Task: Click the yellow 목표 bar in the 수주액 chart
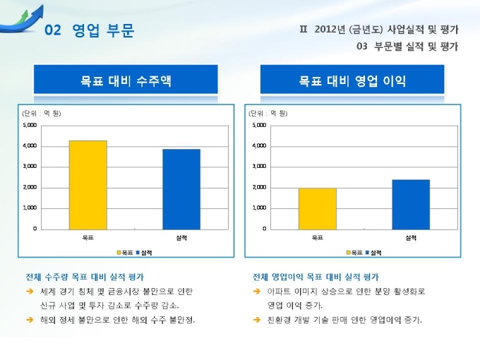point(88,184)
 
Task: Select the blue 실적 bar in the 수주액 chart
point(181,188)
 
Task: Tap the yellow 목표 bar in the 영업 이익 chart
point(317,208)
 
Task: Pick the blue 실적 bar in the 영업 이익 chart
point(411,204)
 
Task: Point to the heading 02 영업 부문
point(89,30)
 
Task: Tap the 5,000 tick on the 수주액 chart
point(30,125)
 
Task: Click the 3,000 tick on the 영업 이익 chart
point(259,167)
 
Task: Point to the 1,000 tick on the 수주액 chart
point(30,208)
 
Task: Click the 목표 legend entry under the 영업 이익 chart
point(354,252)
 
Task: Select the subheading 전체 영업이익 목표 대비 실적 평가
point(316,277)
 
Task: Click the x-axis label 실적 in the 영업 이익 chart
point(411,237)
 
